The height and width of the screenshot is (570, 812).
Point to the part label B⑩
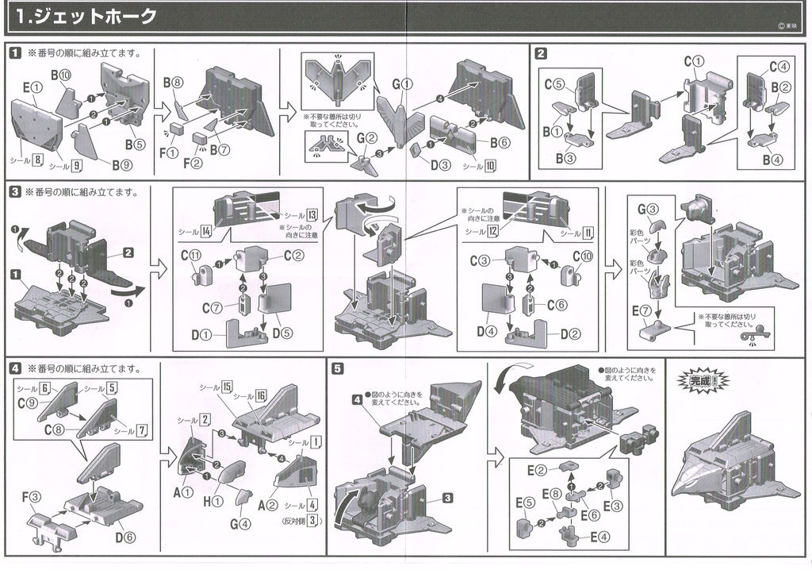(x=62, y=75)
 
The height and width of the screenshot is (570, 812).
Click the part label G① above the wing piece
(x=403, y=83)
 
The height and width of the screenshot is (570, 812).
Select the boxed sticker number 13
(x=312, y=215)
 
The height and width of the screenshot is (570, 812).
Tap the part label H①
(x=213, y=502)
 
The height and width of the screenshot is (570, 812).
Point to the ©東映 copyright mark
(x=787, y=25)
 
